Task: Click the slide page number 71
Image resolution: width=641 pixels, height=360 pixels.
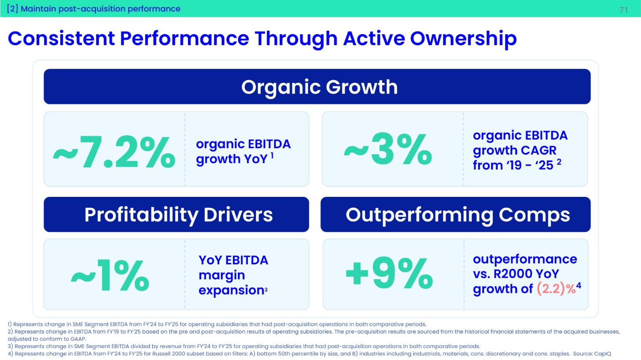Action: pyautogui.click(x=623, y=10)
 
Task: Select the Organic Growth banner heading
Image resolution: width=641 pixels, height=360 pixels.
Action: pyautogui.click(x=319, y=87)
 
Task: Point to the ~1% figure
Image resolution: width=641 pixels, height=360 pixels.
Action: pyautogui.click(x=110, y=275)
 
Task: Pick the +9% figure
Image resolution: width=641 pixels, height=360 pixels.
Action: pyautogui.click(x=389, y=273)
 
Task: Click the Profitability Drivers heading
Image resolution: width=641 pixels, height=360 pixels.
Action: pyautogui.click(x=178, y=214)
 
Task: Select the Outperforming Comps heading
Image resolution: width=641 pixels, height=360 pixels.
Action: pyautogui.click(x=458, y=214)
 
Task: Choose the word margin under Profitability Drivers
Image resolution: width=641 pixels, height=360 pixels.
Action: pyautogui.click(x=222, y=275)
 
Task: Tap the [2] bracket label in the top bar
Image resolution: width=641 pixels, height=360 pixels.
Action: pyautogui.click(x=12, y=9)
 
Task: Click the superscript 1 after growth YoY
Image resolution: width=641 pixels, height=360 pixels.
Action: pyautogui.click(x=272, y=156)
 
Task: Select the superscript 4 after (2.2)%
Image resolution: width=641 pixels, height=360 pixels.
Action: pyautogui.click(x=579, y=286)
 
